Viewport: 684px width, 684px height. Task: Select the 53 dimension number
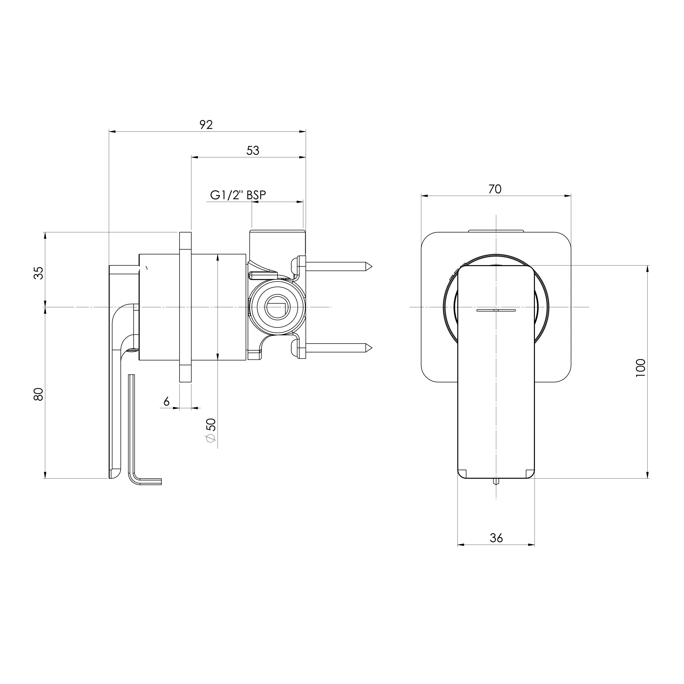(253, 150)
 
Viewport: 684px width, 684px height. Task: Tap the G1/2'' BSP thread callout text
(238, 195)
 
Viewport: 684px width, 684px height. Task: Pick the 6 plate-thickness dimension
(166, 402)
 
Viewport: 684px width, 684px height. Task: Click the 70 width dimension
(495, 189)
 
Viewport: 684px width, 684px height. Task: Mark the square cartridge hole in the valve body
(276, 306)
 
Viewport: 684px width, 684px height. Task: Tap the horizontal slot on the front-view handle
(496, 310)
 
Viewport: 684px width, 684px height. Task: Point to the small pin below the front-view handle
(496, 481)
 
